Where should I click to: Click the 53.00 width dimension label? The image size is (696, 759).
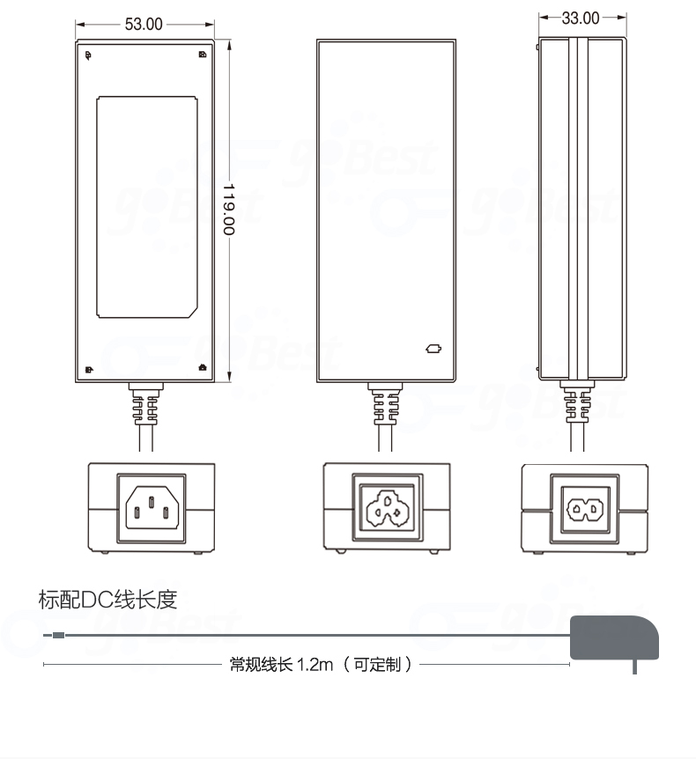click(x=144, y=24)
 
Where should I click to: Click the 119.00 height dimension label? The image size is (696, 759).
click(x=229, y=208)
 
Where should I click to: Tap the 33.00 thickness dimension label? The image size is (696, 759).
click(x=581, y=18)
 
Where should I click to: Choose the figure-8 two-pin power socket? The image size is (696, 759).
click(x=585, y=508)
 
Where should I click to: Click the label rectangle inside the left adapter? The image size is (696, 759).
click(x=145, y=207)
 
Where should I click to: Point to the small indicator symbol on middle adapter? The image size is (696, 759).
click(x=433, y=348)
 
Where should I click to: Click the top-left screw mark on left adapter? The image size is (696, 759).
click(x=88, y=55)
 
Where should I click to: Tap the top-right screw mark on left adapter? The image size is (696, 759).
click(x=203, y=55)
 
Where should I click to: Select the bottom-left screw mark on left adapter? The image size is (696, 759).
click(x=88, y=369)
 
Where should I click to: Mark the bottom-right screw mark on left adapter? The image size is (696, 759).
click(x=203, y=368)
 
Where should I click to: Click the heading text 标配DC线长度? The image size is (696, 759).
click(x=108, y=601)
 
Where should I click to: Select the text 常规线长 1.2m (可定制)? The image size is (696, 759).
click(x=321, y=664)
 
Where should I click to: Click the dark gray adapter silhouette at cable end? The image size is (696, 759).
click(x=614, y=637)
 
